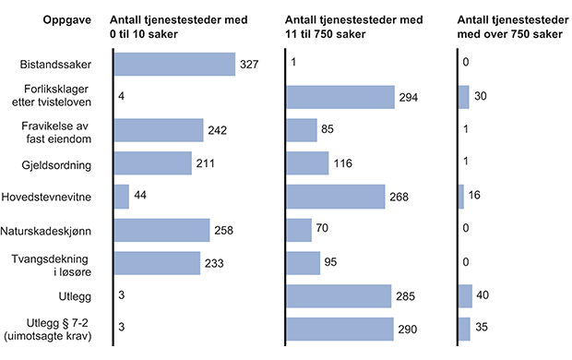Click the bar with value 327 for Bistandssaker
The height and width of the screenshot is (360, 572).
point(173,64)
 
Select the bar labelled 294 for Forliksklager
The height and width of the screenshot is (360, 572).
point(340,97)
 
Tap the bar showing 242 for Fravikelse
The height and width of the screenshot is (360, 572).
point(158,130)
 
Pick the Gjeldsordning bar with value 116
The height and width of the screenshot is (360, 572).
point(308,163)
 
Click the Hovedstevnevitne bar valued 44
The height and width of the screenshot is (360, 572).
point(121,197)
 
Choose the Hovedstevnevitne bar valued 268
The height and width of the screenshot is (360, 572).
point(336,197)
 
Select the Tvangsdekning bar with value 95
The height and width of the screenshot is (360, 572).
point(304,263)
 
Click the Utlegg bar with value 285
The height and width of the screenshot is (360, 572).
point(340,296)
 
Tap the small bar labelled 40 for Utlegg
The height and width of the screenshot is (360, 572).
point(465,296)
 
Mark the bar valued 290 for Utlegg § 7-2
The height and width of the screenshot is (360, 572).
point(340,330)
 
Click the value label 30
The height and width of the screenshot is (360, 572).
point(480,97)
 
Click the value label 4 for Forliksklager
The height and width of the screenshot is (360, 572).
point(121,97)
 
